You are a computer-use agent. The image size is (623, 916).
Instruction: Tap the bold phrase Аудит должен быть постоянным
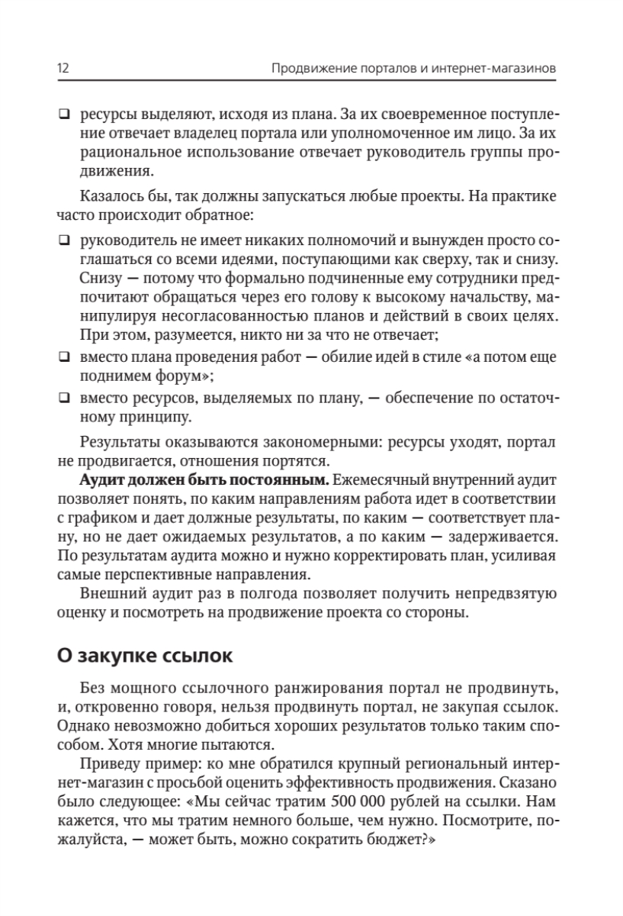point(203,481)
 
